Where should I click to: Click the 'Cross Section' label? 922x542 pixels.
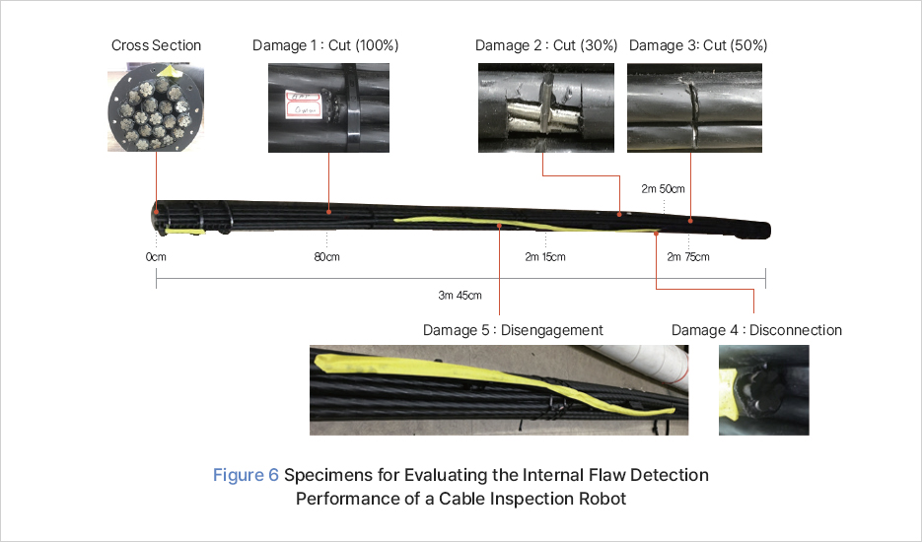coord(156,45)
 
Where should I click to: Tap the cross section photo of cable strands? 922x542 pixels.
coord(156,107)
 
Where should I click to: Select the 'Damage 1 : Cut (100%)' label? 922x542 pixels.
coord(325,45)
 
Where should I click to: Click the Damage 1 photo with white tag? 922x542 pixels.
coord(328,107)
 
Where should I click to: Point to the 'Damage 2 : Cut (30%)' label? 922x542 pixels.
coord(546,45)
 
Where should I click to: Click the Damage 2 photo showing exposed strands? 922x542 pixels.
coord(546,107)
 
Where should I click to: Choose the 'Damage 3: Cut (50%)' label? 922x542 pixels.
coord(698,45)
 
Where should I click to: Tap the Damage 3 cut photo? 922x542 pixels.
coord(695,107)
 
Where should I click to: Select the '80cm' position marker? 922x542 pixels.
coord(326,258)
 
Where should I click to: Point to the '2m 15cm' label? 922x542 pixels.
coord(545,258)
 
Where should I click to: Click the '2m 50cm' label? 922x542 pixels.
coord(664,187)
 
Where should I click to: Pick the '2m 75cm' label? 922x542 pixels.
coord(688,258)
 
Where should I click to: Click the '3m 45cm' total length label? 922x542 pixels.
coord(460,295)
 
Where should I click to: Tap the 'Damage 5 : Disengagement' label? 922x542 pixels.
coord(513,330)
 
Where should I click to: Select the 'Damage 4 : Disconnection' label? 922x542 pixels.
coord(757,330)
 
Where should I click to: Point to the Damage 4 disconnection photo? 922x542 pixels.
coord(763,390)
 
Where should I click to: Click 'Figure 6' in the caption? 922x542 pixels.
coord(246,475)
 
